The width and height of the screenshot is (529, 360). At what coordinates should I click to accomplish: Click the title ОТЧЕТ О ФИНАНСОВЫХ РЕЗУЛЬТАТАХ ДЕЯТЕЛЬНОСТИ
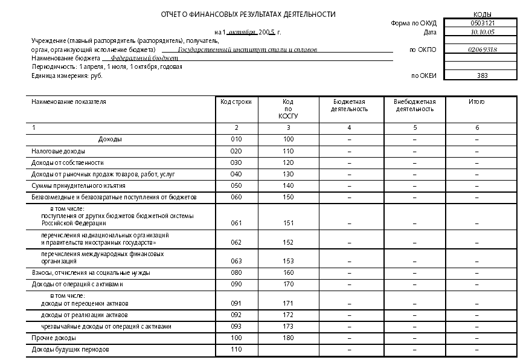(248, 14)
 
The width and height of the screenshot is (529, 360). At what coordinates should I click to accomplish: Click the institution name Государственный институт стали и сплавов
(248, 50)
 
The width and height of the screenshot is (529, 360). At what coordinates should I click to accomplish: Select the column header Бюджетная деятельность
(349, 106)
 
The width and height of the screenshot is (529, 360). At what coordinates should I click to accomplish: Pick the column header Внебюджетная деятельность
(415, 106)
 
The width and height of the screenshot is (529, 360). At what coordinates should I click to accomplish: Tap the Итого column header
(476, 102)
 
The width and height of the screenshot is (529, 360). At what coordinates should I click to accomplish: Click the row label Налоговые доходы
(58, 151)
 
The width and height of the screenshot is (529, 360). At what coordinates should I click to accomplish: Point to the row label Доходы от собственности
(68, 162)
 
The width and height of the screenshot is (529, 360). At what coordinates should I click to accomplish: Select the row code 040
(236, 174)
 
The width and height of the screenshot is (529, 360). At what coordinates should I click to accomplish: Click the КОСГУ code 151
(288, 223)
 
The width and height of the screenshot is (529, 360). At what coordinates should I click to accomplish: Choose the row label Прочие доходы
(54, 338)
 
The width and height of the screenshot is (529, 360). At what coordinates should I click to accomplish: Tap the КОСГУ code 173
(288, 326)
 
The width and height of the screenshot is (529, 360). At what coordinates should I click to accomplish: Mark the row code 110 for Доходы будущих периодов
(236, 349)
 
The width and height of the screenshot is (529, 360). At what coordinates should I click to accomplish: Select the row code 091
(236, 303)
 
